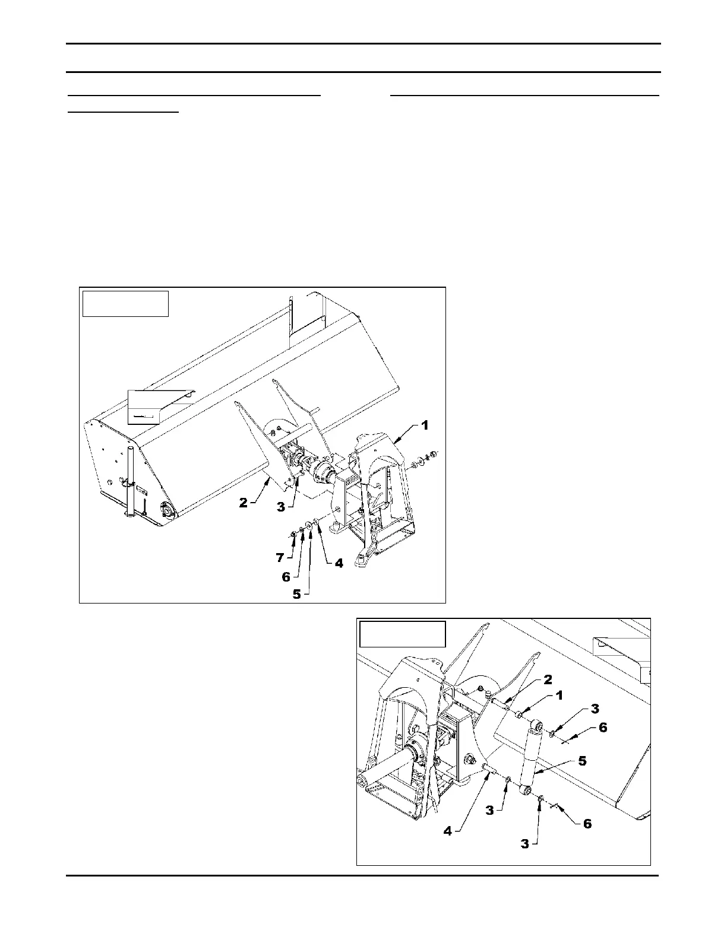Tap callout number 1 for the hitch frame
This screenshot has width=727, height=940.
tap(424, 425)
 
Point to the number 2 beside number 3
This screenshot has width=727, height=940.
tap(244, 503)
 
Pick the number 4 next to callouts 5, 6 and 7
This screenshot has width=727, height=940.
tap(339, 563)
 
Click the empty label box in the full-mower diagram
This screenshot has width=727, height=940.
tap(125, 303)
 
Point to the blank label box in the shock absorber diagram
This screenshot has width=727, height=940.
tap(402, 634)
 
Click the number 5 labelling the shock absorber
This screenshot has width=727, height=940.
tap(583, 761)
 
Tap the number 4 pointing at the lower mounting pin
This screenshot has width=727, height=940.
tap(448, 831)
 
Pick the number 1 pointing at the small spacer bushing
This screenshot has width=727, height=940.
tap(558, 695)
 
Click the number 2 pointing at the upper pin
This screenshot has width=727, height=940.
tap(548, 679)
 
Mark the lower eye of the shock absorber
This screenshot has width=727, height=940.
tap(526, 790)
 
